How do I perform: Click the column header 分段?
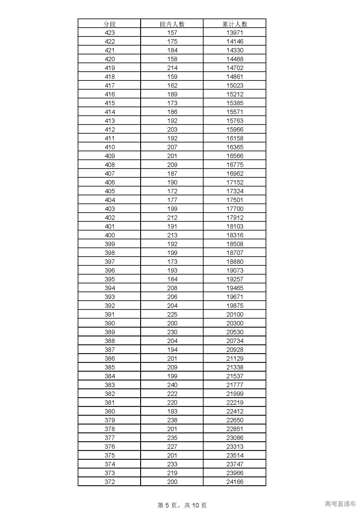(109, 24)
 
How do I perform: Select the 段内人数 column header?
(172, 24)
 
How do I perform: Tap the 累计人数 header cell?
(235, 24)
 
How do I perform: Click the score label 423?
(109, 33)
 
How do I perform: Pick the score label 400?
(109, 235)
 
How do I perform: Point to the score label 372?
(109, 482)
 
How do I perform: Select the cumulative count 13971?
(235, 33)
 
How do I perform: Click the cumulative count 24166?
(235, 482)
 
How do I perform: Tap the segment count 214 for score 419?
(172, 68)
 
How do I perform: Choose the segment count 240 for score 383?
(172, 385)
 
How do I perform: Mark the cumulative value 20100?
(235, 314)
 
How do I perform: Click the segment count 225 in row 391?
(172, 314)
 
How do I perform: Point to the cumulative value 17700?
(235, 209)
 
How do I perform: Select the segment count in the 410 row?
(172, 147)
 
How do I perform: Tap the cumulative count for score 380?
(235, 411)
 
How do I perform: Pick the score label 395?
(109, 279)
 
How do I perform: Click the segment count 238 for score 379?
(172, 420)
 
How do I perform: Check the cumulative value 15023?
(235, 86)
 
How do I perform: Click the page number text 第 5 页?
(168, 505)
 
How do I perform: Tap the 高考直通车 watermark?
(340, 504)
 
